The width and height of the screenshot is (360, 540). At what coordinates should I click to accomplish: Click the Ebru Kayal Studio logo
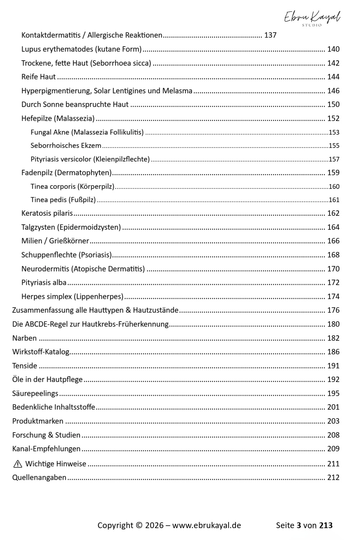click(312, 18)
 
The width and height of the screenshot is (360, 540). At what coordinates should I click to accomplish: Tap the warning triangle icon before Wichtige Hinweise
click(18, 464)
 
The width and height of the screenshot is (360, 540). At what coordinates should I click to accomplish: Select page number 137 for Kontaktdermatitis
click(270, 35)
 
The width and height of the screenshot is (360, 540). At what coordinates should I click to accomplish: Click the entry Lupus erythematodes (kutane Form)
click(81, 49)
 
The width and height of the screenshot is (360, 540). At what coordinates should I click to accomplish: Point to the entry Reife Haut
click(39, 77)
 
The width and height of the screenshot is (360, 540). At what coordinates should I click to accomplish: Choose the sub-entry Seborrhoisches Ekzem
click(66, 146)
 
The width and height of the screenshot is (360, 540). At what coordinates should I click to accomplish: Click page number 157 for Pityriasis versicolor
click(334, 159)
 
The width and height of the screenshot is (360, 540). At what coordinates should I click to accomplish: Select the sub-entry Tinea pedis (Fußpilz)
click(63, 200)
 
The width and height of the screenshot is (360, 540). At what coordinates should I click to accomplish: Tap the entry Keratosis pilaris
click(47, 213)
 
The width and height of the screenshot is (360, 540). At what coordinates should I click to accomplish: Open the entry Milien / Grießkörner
click(55, 241)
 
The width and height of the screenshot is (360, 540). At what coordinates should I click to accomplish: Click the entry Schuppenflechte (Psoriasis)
click(67, 255)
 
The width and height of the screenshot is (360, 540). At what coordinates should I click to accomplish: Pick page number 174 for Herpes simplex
click(333, 297)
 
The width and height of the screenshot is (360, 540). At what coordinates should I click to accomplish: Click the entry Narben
click(24, 338)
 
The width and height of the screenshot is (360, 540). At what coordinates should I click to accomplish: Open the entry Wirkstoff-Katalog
click(41, 352)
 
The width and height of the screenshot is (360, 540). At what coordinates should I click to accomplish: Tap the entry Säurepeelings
click(35, 394)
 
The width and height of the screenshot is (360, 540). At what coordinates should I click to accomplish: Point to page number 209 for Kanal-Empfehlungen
click(333, 449)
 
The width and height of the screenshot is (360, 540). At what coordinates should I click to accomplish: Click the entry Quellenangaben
click(39, 478)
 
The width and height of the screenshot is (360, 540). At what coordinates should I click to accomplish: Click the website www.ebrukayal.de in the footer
click(206, 526)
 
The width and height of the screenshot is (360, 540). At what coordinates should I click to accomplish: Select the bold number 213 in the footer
click(326, 526)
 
